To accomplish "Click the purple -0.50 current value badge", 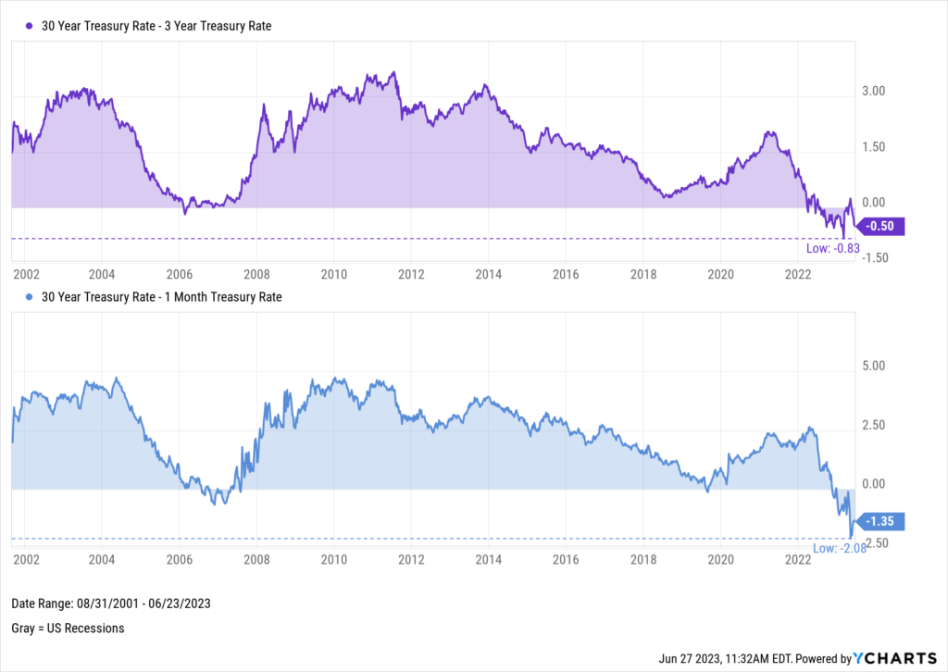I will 882,226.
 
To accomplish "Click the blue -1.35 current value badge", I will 882,522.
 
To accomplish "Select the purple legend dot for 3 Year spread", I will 28,26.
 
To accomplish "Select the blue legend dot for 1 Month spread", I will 28,297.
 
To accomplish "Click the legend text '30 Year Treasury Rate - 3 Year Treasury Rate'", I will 156,26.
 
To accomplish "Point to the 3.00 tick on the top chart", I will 874,92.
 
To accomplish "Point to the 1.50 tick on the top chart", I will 874,147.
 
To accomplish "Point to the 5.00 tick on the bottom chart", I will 874,366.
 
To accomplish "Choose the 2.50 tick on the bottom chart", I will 874,425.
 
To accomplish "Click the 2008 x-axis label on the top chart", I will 256,274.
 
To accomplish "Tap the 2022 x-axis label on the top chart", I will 798,274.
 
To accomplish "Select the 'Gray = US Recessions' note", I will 68,628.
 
